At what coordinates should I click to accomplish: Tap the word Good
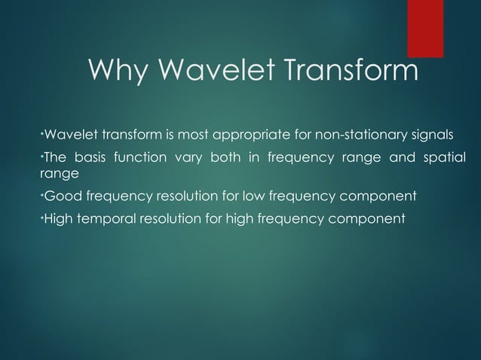[61, 197]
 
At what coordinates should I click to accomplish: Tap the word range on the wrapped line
[57, 173]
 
